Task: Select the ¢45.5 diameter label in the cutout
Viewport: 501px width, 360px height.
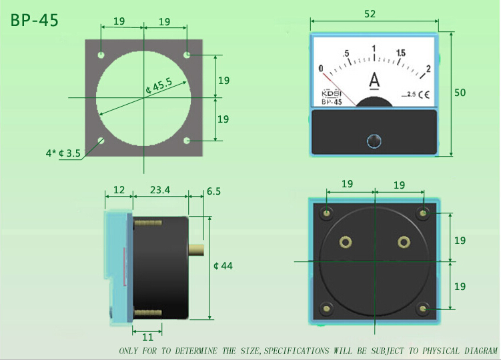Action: click(159, 86)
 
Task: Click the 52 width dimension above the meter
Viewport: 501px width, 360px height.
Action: click(373, 13)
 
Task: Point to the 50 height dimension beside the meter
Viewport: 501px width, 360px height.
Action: click(460, 93)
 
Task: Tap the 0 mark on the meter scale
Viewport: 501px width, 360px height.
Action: click(321, 68)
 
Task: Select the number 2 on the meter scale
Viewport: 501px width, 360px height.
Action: click(428, 68)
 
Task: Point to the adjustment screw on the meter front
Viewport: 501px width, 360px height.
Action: click(375, 141)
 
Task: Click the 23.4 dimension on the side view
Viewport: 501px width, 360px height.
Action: click(159, 190)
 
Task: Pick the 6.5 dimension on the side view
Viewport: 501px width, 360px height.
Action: click(213, 191)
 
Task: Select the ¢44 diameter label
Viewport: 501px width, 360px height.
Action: click(223, 266)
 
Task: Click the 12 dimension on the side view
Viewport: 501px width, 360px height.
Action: click(119, 190)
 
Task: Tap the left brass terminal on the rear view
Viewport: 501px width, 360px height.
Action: click(346, 241)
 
